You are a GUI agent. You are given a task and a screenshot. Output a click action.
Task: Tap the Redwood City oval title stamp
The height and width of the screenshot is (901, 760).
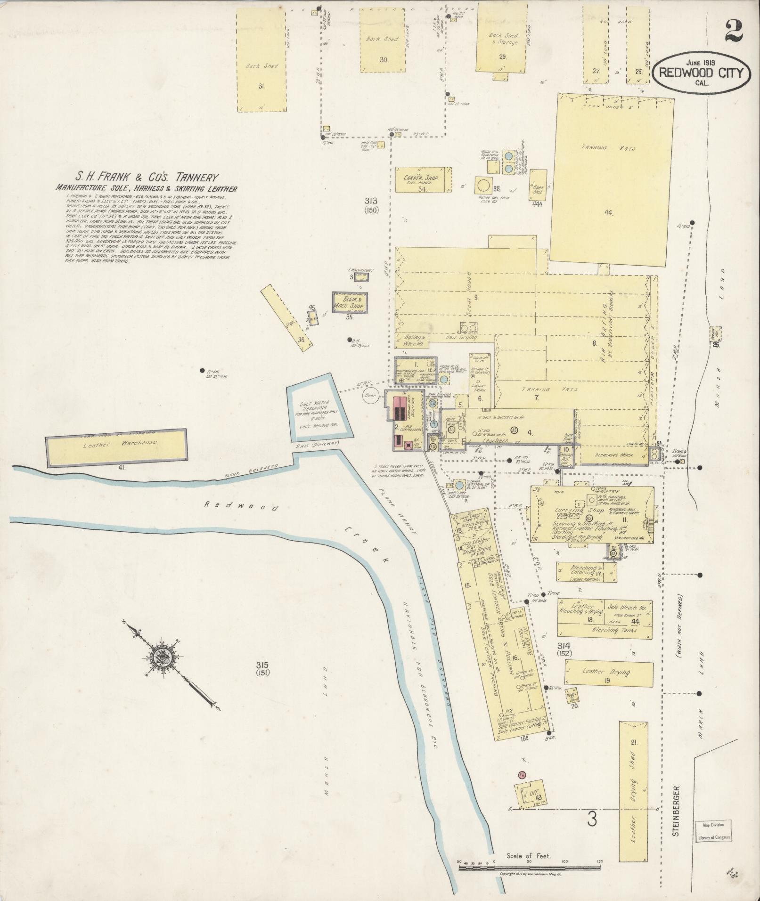point(701,72)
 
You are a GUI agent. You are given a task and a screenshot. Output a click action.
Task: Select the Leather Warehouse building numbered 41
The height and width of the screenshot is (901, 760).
point(116,446)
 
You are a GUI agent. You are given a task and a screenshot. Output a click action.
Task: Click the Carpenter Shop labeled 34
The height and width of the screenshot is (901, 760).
point(424,179)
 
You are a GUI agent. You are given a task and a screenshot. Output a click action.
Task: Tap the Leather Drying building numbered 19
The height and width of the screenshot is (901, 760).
point(609,674)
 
